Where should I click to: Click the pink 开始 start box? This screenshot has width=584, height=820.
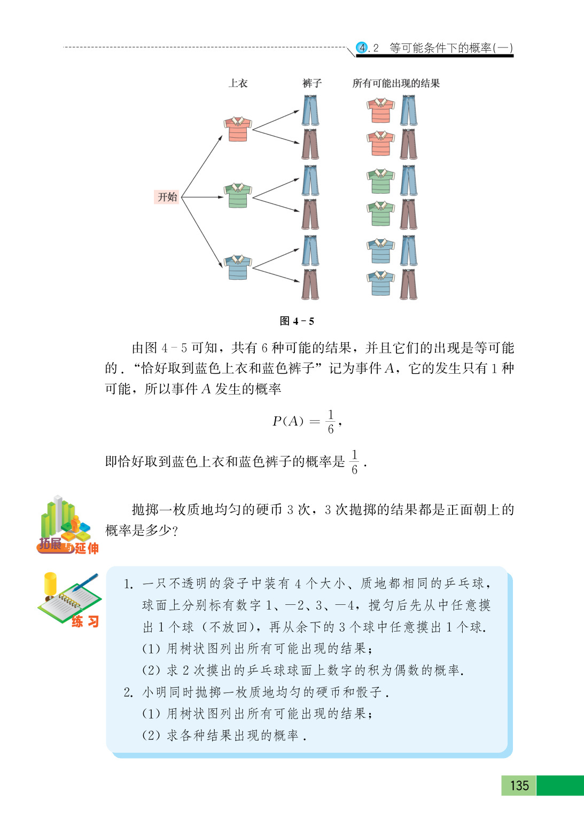pos(167,197)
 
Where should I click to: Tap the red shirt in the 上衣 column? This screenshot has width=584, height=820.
pos(237,129)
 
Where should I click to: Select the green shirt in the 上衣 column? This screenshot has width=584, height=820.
pos(237,195)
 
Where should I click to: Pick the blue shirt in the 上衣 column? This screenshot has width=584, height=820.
pos(237,267)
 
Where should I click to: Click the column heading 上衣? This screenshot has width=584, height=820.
pos(238,83)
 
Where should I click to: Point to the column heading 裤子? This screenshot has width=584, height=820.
pos(312,83)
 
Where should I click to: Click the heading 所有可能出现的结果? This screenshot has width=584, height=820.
pos(396,83)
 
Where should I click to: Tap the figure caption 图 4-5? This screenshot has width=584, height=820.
pos(297,321)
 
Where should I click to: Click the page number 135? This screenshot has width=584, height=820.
pos(519,785)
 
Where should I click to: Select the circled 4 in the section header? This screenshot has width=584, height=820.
pos(362,48)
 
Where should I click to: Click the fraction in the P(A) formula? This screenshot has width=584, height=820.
pos(331,422)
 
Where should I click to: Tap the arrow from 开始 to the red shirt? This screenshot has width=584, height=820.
pos(202,166)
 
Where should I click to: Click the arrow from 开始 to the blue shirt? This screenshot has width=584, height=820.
pos(202,232)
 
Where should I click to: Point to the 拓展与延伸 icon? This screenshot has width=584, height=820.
pos(67,525)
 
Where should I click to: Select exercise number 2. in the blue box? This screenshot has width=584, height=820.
pos(128,692)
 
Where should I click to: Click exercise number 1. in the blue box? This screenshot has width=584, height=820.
pos(128,584)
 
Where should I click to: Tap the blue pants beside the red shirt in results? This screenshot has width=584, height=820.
pos(409,110)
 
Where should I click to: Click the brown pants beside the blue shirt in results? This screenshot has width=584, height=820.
pos(409,284)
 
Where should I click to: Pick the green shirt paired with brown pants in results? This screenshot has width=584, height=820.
pos(380,214)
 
